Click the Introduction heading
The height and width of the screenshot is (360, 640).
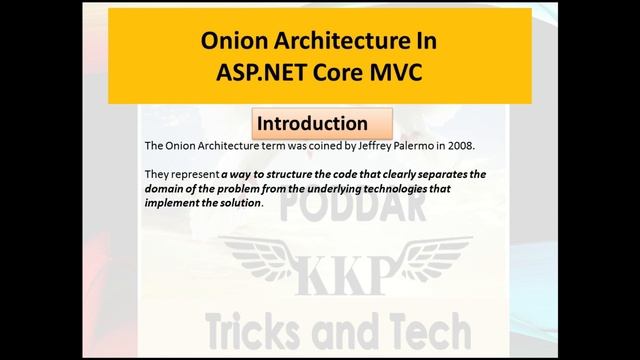click(312, 124)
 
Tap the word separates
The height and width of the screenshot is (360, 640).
click(440, 174)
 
